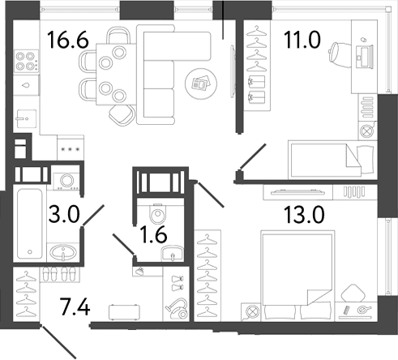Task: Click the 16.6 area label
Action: point(68,40)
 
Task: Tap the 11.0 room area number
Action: point(302,40)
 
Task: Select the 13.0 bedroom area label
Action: point(304,215)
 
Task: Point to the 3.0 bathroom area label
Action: point(64,214)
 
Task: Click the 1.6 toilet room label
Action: point(153,234)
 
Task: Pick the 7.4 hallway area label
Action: point(75,306)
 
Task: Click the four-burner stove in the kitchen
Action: point(26,61)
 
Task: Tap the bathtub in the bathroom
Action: point(30,224)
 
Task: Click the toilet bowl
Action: point(157,213)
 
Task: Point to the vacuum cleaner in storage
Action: point(177,309)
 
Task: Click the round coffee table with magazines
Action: point(201,84)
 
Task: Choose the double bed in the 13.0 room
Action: point(297,276)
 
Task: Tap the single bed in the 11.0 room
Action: point(332,160)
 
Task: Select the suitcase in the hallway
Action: point(125,312)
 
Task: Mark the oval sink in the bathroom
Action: point(63,253)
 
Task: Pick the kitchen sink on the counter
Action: point(26,118)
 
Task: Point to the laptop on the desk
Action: point(364,56)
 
